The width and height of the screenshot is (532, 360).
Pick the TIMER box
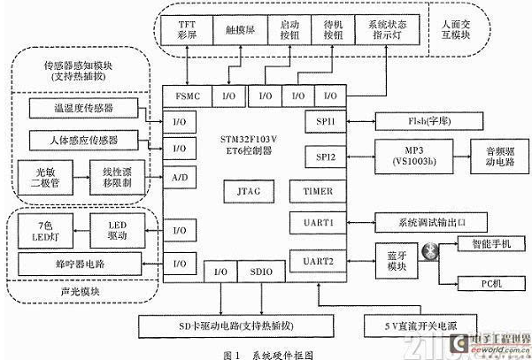[x=311, y=188]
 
